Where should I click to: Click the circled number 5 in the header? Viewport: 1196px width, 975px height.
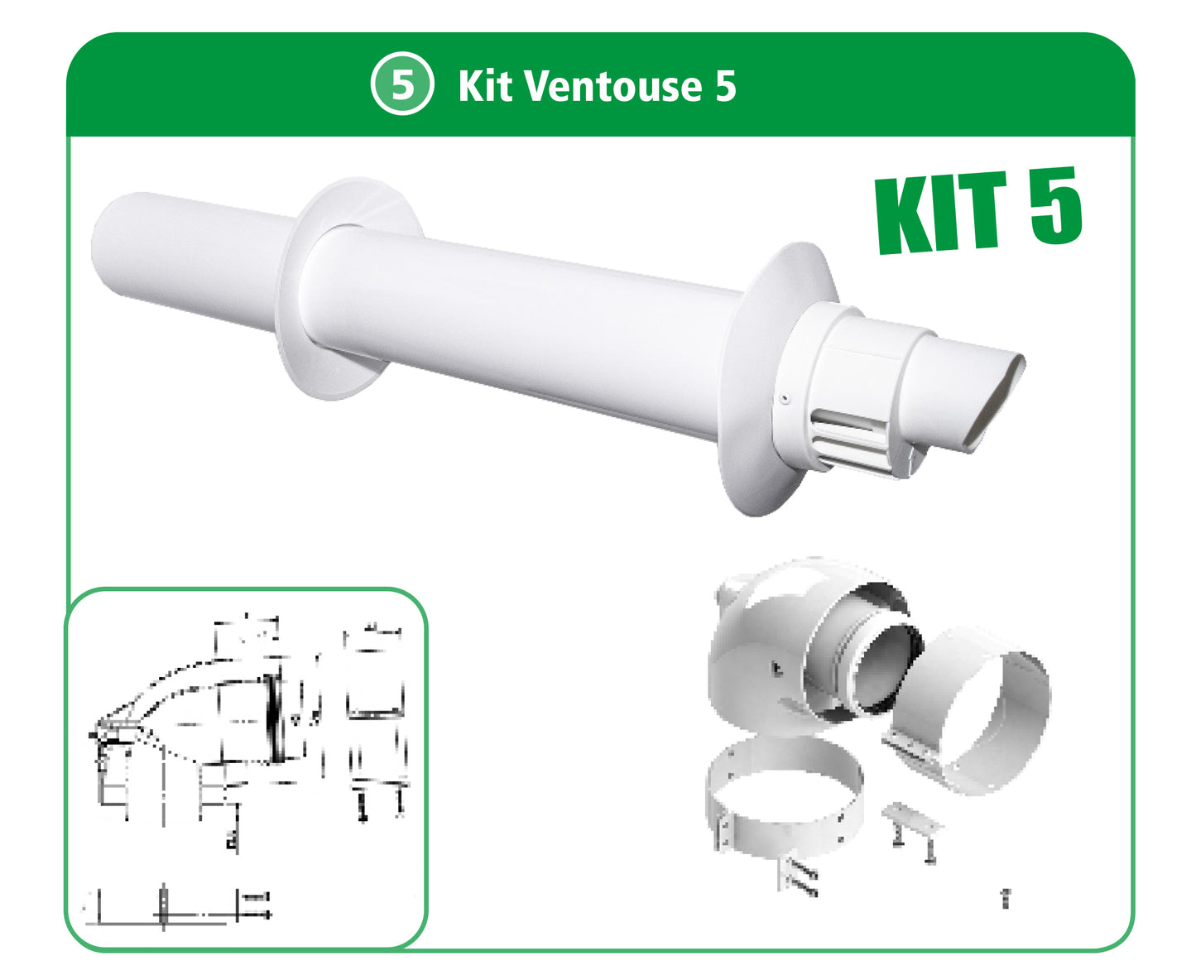click(401, 84)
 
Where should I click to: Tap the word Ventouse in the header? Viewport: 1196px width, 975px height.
click(609, 85)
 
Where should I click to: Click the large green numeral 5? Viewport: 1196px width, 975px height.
click(1056, 204)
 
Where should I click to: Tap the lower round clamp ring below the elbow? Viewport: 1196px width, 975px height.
click(782, 795)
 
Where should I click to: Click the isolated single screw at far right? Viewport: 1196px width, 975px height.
click(1006, 898)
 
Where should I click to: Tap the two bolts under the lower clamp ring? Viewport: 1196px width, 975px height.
click(799, 877)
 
